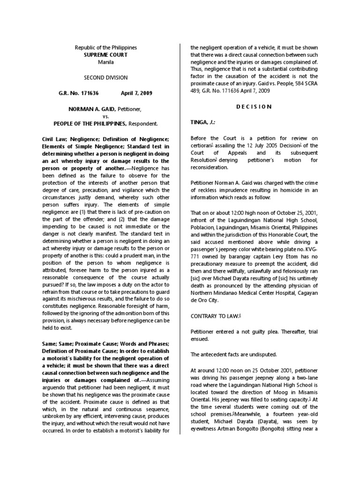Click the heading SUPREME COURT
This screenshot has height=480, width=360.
(105, 54)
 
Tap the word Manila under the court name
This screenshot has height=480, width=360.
(105, 62)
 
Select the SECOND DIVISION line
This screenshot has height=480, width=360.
(105, 77)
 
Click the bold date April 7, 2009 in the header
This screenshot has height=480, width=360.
(136, 93)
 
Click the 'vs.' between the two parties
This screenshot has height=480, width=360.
(105, 116)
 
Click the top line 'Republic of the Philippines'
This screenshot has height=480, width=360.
(105, 47)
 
